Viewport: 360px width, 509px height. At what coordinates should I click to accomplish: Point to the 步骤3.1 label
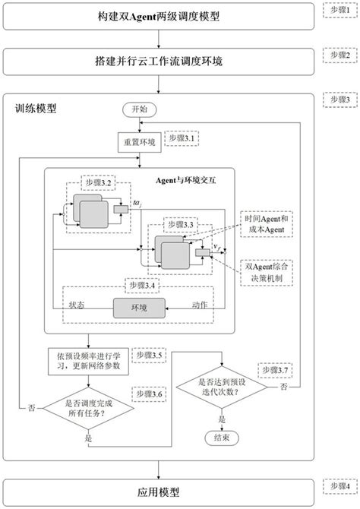point(182,138)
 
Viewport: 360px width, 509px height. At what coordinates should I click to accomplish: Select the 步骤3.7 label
point(273,369)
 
